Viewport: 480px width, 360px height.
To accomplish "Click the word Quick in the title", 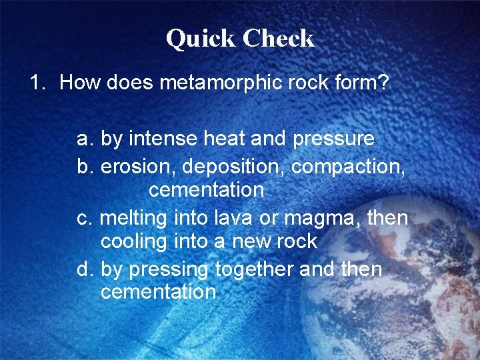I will [x=201, y=38].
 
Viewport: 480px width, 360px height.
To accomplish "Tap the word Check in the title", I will [x=278, y=38].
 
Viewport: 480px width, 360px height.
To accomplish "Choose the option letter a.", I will [x=84, y=139].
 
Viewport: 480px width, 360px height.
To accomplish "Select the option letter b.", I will [x=84, y=165].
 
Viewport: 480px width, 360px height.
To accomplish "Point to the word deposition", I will [x=231, y=165].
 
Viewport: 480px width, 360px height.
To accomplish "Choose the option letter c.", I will [x=84, y=217].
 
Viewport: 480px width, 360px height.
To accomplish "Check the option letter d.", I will [x=84, y=269].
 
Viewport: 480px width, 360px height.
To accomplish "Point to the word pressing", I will [x=169, y=270].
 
